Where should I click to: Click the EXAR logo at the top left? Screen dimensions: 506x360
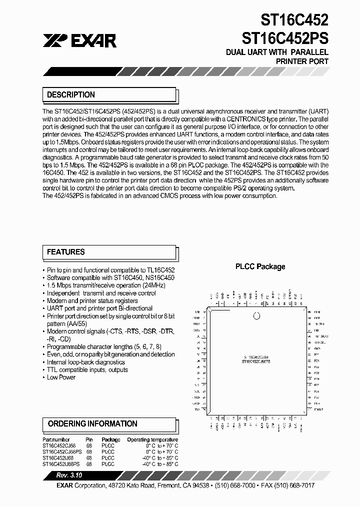point(79,40)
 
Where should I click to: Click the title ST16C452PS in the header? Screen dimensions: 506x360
point(285,38)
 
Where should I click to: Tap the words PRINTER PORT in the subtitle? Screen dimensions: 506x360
point(302,61)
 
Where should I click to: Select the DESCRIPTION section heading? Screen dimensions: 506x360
point(70,94)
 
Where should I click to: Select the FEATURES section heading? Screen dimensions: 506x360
point(65,252)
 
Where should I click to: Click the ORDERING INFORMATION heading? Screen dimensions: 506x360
point(92,423)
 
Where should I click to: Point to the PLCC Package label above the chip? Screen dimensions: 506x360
point(260,266)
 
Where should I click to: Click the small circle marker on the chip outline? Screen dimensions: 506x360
point(257,315)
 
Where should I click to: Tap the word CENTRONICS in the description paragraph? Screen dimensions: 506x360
point(241,119)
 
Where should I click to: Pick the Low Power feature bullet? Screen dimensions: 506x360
point(61,377)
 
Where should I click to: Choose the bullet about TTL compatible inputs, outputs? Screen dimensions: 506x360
point(87,370)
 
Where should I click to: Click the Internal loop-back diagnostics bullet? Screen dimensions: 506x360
point(85,362)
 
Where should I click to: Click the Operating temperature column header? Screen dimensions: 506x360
point(152,439)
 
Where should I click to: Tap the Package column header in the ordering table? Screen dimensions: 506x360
point(110,439)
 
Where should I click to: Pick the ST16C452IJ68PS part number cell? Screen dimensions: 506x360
point(62,464)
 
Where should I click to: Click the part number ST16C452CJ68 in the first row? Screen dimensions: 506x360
point(59,445)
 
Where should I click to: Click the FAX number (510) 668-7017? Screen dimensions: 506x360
point(295,485)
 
